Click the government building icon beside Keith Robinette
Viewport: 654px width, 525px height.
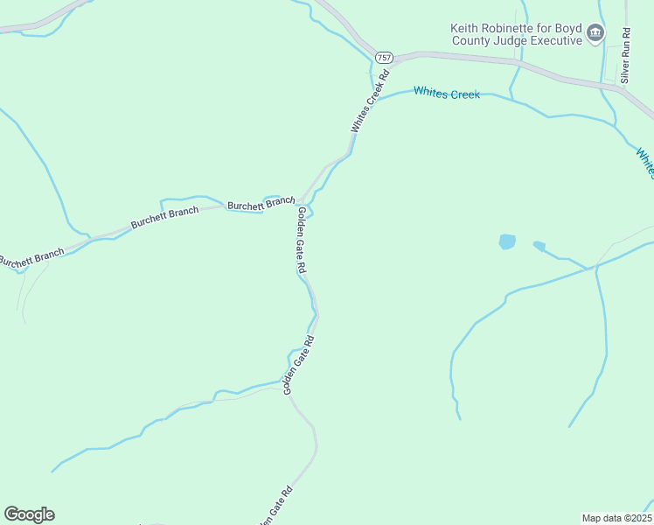[x=595, y=34]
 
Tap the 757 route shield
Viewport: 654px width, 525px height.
[x=384, y=57]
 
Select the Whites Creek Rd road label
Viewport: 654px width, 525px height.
[x=368, y=108]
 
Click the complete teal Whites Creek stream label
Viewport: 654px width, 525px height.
[x=447, y=92]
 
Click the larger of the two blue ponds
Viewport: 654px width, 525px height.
[x=506, y=241]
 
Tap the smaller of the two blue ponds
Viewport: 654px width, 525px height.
[x=539, y=246]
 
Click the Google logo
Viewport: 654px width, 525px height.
[x=29, y=514]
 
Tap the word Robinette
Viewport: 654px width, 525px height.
[x=516, y=28]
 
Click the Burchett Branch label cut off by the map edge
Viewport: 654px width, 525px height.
[x=31, y=258]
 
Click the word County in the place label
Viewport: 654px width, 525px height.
[x=473, y=40]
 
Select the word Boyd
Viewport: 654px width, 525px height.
[x=567, y=28]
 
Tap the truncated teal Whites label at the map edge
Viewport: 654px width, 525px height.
[x=645, y=162]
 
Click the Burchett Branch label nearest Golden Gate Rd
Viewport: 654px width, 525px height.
[x=261, y=204]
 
